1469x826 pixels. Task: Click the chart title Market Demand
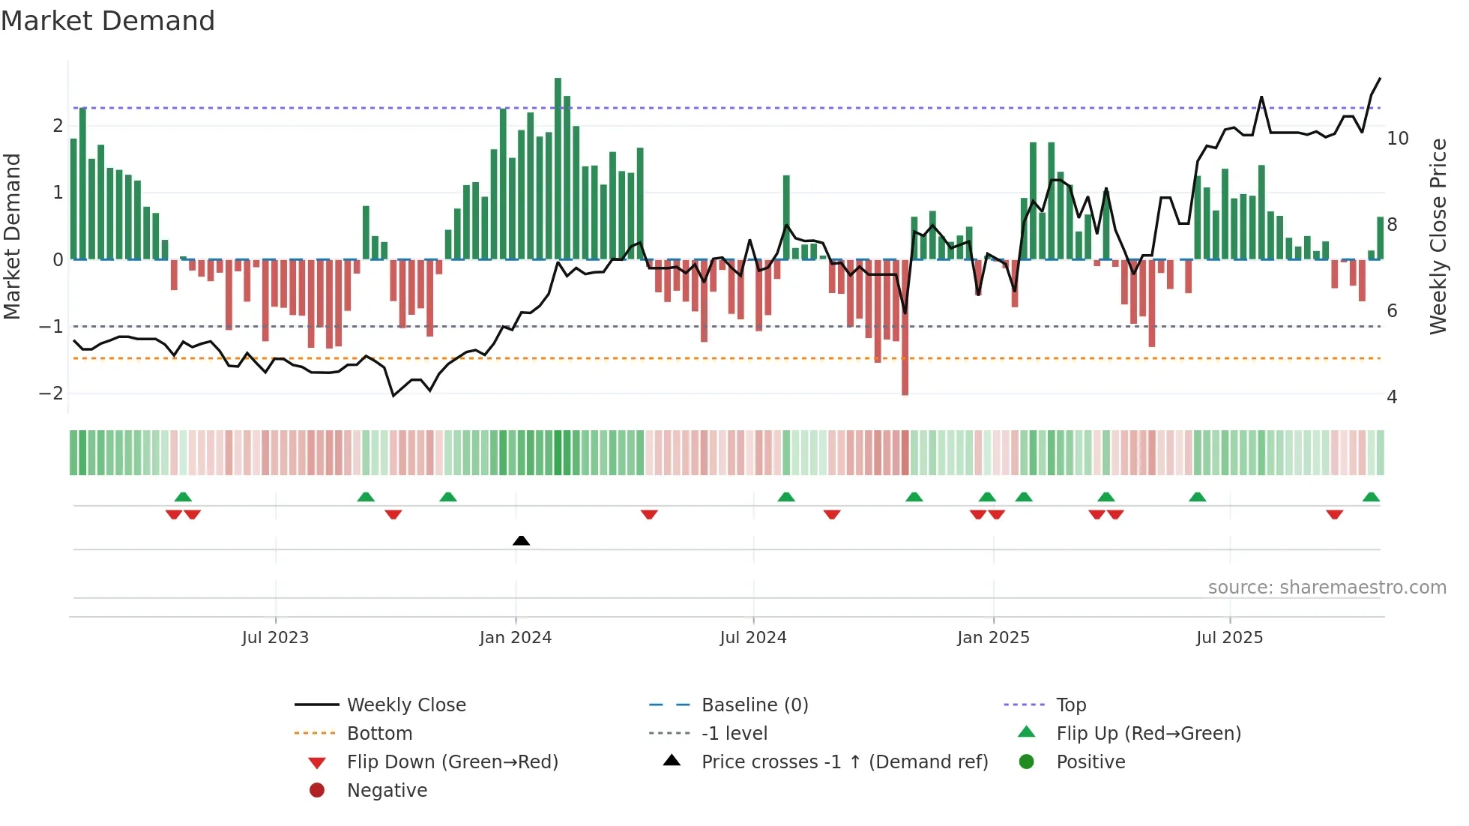click(x=108, y=21)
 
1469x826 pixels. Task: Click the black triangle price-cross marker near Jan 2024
click(x=521, y=540)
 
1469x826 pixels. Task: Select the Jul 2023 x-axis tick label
click(x=275, y=637)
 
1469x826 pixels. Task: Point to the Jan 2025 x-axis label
click(x=993, y=637)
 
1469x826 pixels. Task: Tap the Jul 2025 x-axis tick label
click(x=1229, y=637)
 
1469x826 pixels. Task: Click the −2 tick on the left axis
click(x=51, y=394)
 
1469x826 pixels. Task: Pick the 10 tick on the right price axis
click(x=1397, y=139)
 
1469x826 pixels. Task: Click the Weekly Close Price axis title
click(x=1438, y=236)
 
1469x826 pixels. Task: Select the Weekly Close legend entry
click(x=405, y=705)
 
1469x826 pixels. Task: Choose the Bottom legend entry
click(x=379, y=733)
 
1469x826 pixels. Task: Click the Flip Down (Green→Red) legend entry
click(x=452, y=762)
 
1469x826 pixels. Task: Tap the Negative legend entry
click(x=387, y=790)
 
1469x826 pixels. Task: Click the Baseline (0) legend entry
click(x=754, y=705)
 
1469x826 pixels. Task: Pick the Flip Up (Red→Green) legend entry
click(x=1148, y=733)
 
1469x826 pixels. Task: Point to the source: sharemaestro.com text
click(x=1327, y=587)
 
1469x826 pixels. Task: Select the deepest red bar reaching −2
click(x=905, y=330)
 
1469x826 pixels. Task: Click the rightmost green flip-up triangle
click(x=1371, y=497)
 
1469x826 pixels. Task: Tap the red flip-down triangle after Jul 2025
click(x=1334, y=514)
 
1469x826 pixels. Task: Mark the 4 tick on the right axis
click(x=1392, y=397)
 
